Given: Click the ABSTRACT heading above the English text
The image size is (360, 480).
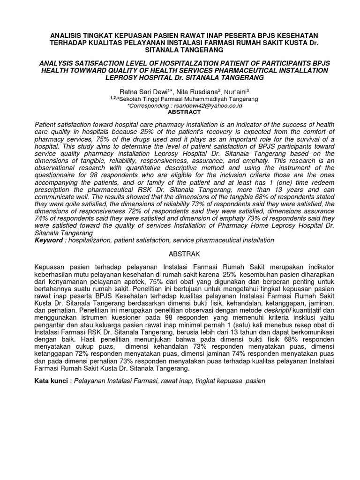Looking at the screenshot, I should pyautogui.click(x=184, y=112).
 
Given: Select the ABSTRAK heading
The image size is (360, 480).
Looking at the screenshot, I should pyautogui.click(x=184, y=254).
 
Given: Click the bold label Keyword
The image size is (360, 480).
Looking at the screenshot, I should pyautogui.click(x=49, y=240).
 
